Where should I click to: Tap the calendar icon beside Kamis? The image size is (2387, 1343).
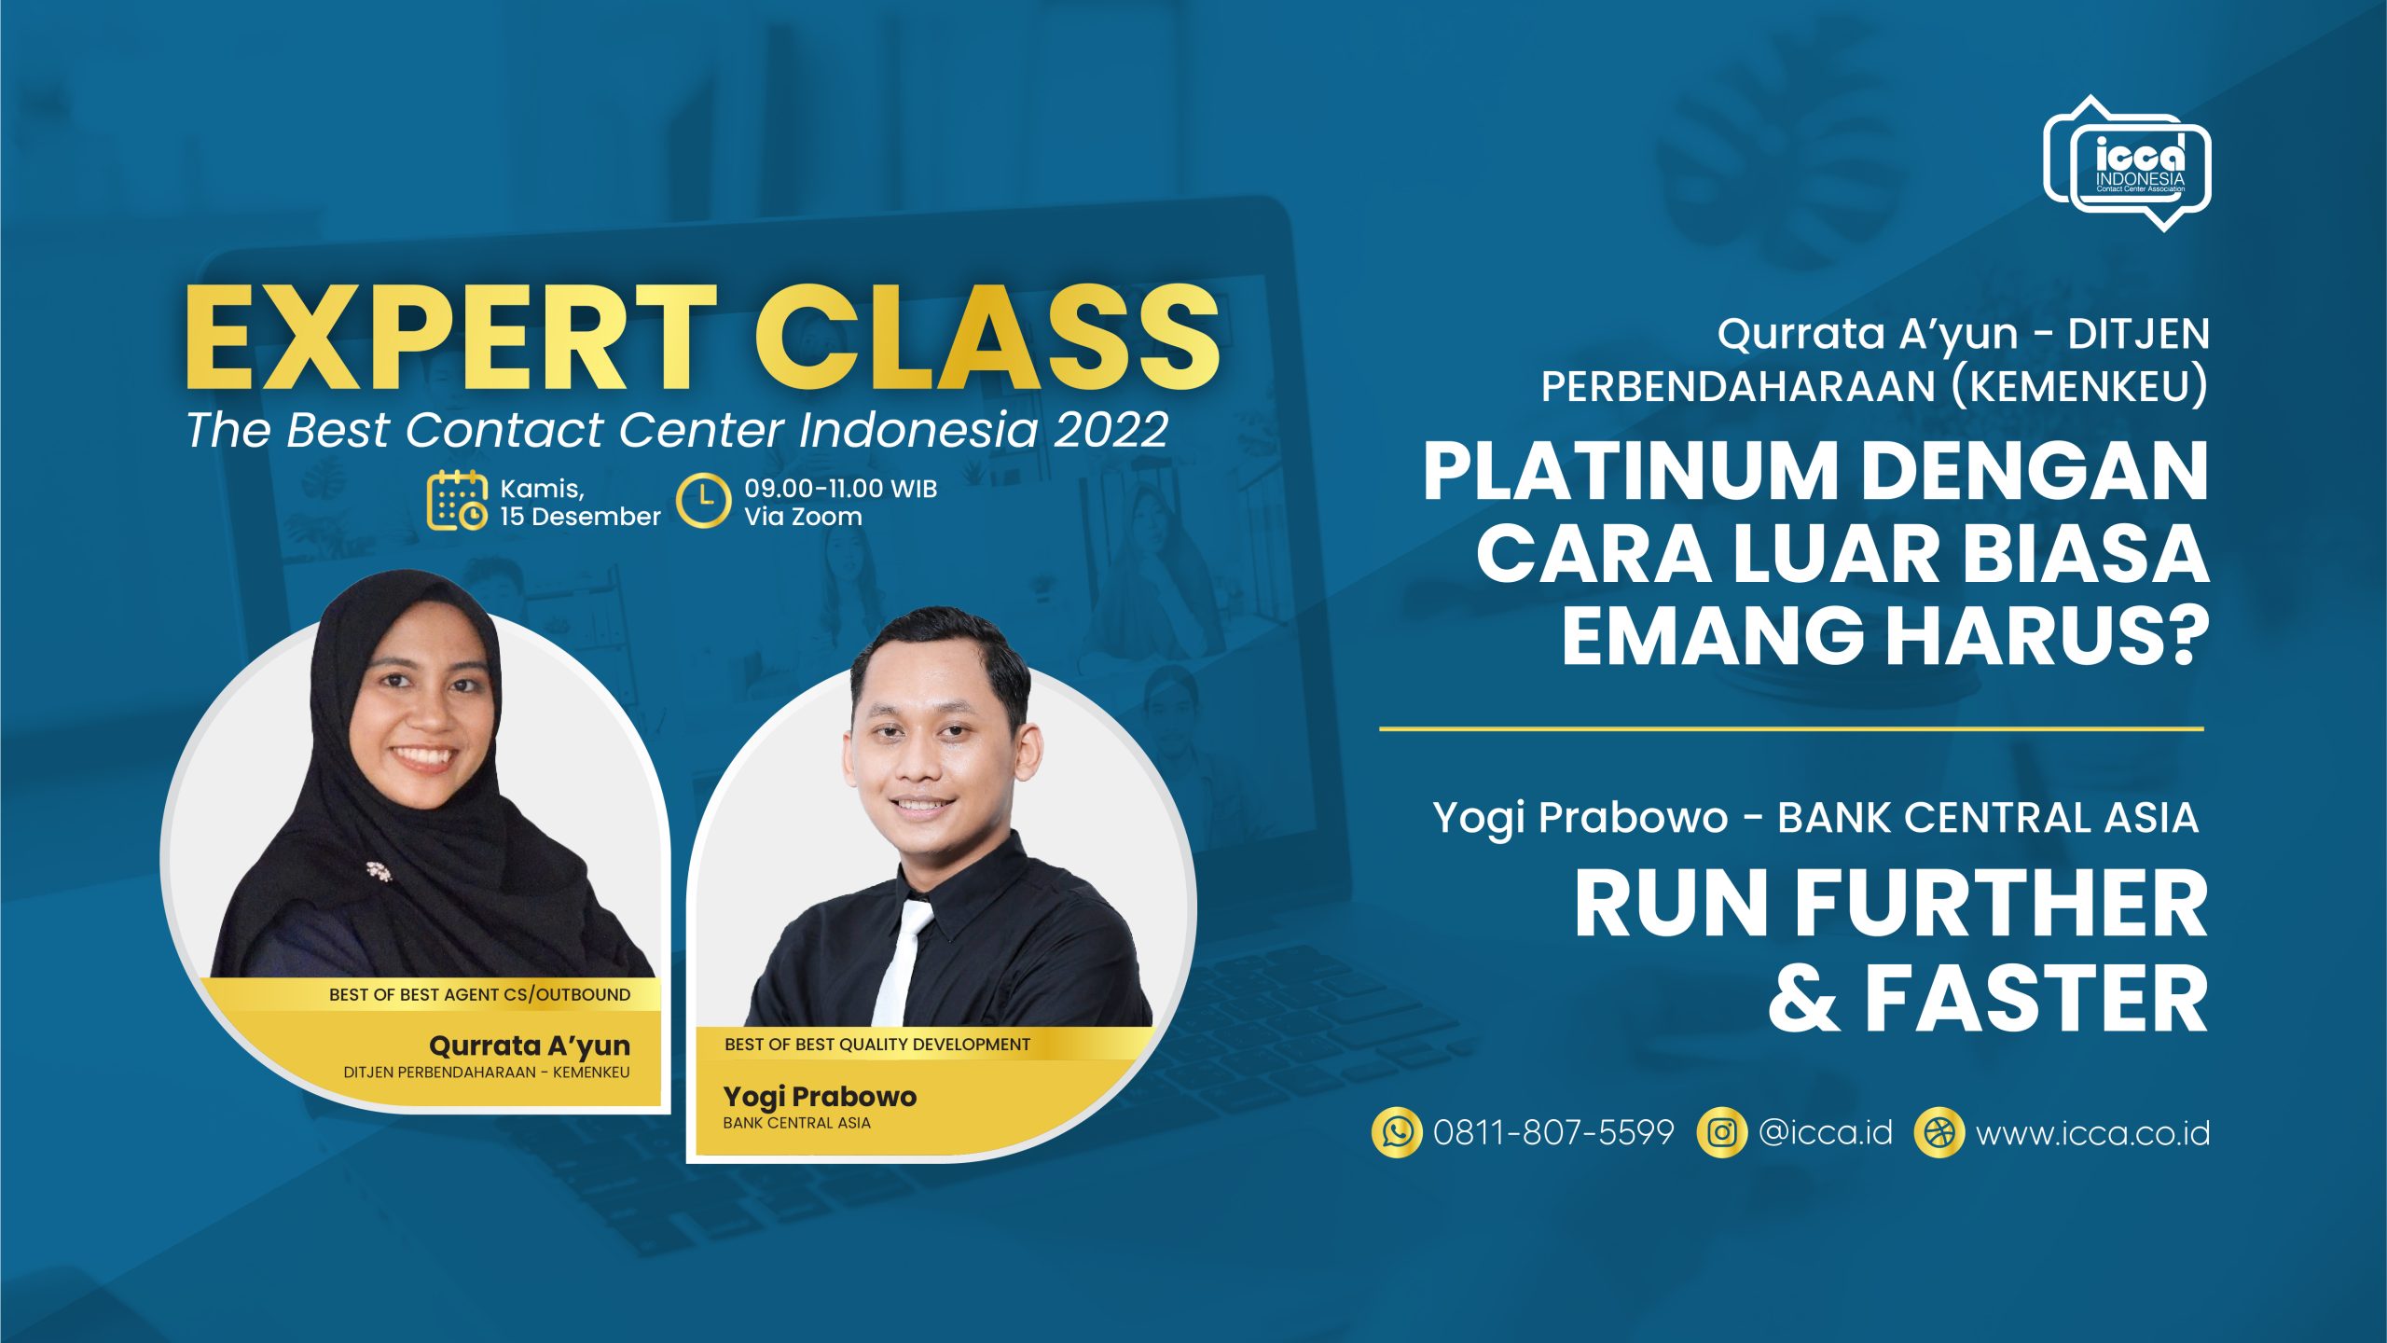coord(457,501)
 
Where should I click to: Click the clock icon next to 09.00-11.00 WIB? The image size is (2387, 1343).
coord(703,501)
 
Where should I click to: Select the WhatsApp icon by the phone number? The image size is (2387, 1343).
coord(1397,1133)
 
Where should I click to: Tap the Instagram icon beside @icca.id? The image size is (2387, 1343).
coord(1721,1133)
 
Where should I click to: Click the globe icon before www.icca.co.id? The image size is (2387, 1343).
coord(1939,1133)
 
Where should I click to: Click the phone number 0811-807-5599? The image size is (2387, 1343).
coord(1553,1133)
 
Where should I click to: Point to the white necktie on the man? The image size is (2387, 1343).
coord(900,961)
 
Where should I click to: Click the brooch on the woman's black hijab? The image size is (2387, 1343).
coord(379,871)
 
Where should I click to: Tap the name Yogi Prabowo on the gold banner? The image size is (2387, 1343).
coord(820,1097)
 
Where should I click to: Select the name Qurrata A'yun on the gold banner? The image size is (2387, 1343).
coord(530,1045)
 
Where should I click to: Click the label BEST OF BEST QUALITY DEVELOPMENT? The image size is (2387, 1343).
coord(877,1045)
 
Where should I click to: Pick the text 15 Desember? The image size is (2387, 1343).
coord(580,517)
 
